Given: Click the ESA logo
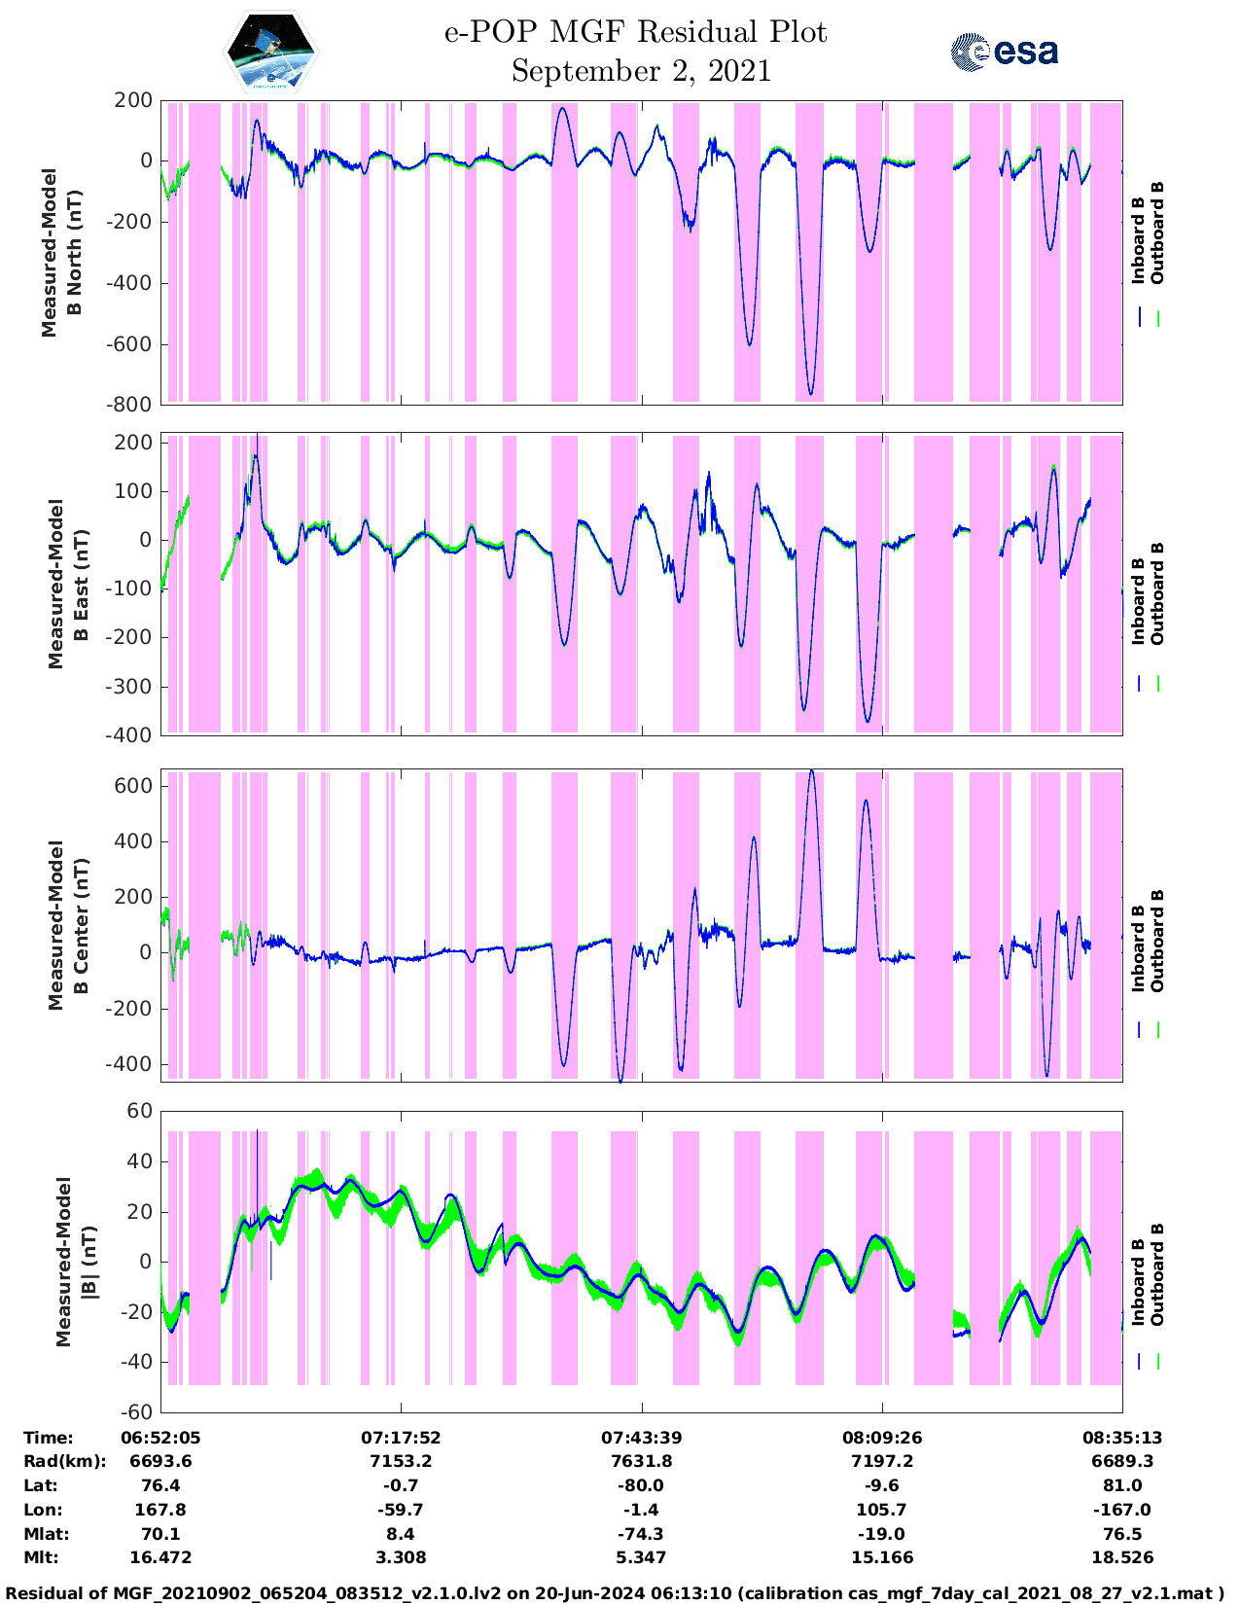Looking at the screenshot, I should click(x=1005, y=52).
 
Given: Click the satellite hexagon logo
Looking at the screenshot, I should click(x=270, y=52).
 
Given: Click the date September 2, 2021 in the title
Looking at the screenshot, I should click(x=640, y=72).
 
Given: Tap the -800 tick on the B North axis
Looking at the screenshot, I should click(x=131, y=405).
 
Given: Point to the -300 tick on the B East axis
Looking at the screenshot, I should click(x=131, y=687).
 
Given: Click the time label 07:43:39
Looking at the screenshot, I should click(x=641, y=1438).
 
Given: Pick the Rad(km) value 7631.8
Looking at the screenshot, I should click(x=641, y=1461).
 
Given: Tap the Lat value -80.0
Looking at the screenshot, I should click(x=641, y=1485).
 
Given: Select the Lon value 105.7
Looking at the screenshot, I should click(x=881, y=1510).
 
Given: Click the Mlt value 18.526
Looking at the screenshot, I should click(x=1122, y=1557).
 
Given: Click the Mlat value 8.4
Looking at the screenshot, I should click(x=401, y=1534).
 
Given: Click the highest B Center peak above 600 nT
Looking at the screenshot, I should click(x=812, y=770).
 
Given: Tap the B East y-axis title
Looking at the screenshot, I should click(x=68, y=584).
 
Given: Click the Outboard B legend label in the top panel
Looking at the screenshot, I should click(x=1157, y=233).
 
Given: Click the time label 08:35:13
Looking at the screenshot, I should click(x=1122, y=1438).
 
